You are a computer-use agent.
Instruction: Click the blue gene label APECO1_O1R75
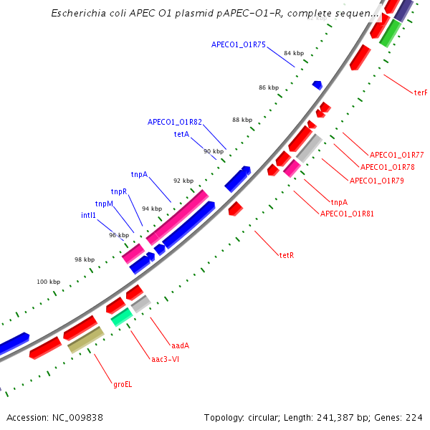tap(238, 44)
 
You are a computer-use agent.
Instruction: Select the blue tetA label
tap(181, 134)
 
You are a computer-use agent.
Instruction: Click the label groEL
tap(123, 384)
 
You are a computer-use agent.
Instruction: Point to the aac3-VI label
tap(165, 359)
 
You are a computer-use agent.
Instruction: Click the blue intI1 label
tap(88, 214)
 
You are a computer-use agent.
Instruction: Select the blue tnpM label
tap(104, 204)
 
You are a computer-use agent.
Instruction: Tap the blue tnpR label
tap(118, 191)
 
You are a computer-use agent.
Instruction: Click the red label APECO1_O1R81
tap(347, 214)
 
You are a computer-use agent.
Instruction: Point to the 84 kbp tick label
tap(293, 54)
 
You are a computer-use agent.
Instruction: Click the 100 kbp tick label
tap(49, 282)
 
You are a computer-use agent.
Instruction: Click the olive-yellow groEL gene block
tap(86, 340)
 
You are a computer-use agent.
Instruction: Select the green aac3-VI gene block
tap(122, 316)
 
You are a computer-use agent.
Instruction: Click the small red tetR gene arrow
tap(236, 209)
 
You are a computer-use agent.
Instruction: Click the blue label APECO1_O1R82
tap(175, 122)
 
